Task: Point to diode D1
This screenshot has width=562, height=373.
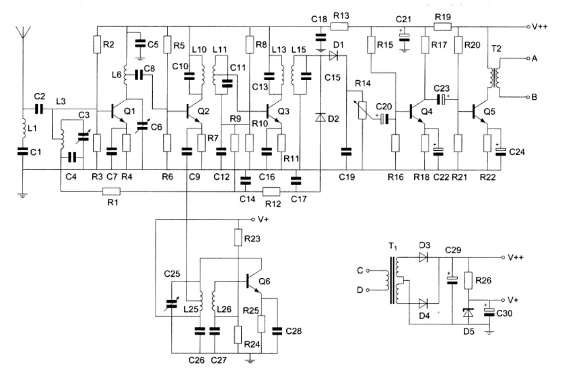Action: (x=333, y=55)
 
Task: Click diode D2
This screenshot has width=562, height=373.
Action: (x=320, y=117)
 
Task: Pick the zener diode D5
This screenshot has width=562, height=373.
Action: (x=468, y=313)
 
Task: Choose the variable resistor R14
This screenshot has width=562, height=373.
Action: (x=363, y=110)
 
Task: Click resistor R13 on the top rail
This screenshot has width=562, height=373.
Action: (x=339, y=26)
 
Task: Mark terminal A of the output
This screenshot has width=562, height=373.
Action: (x=528, y=58)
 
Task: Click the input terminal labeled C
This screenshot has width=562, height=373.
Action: (x=367, y=271)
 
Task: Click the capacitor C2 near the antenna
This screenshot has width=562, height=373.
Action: (x=39, y=109)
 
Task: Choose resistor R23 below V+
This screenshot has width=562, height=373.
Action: (x=238, y=237)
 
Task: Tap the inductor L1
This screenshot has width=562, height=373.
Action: (x=23, y=128)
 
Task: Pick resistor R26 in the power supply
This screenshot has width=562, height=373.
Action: (x=468, y=280)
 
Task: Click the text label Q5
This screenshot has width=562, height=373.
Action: (x=489, y=111)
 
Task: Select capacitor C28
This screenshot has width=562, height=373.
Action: (x=277, y=331)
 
